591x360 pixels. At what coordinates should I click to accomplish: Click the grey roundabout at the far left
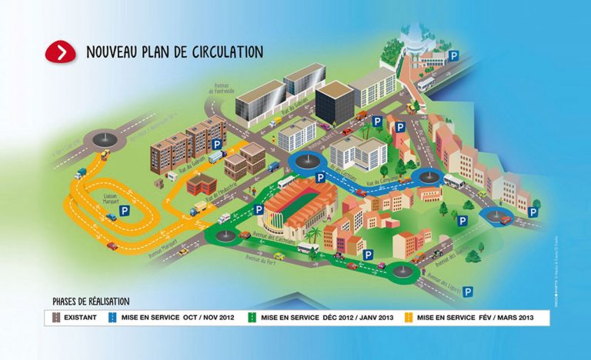click(103, 139)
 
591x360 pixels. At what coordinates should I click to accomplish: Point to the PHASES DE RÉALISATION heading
click(91, 301)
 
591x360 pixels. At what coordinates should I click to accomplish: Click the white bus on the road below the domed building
click(426, 84)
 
